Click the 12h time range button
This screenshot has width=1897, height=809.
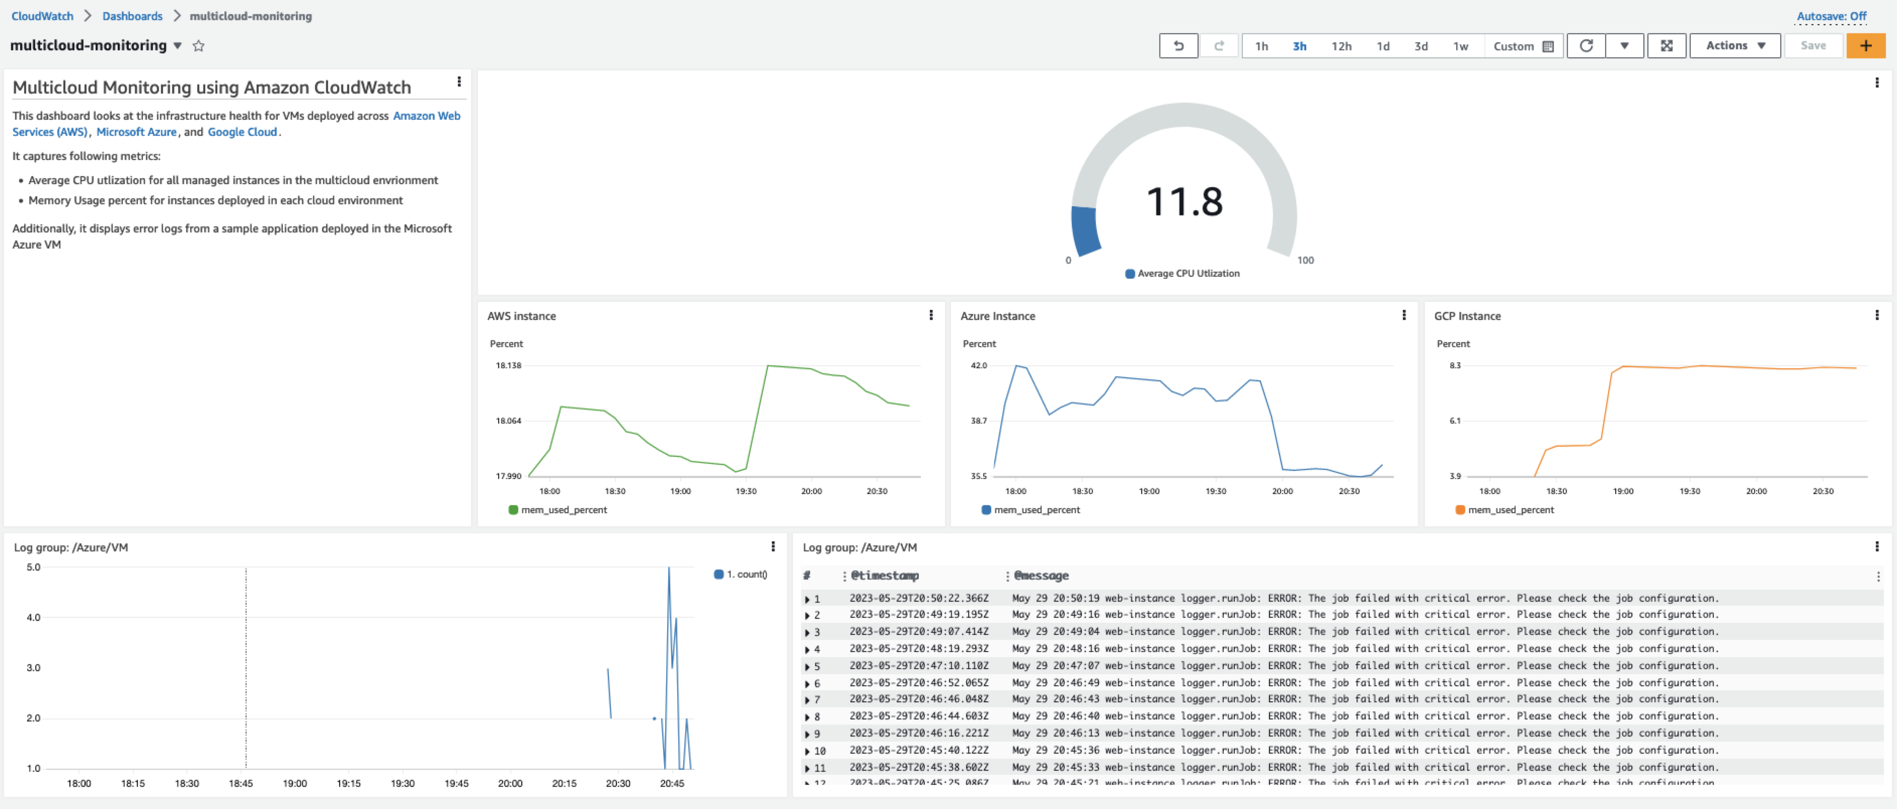pos(1341,46)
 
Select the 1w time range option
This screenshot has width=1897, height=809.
pos(1460,46)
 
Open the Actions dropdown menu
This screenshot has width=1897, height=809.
pos(1734,46)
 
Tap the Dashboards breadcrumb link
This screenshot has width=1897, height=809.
pos(132,16)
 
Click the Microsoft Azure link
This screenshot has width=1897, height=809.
pos(136,132)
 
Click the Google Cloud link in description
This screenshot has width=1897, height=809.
pos(242,132)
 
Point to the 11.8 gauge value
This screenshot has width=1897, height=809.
pos(1184,202)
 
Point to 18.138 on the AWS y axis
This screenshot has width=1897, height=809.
pos(508,365)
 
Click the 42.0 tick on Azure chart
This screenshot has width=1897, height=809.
pos(979,365)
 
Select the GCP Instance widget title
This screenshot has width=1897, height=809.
pos(1467,316)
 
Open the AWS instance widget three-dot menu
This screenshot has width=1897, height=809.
pos(931,315)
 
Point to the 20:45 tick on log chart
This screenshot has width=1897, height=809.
pos(672,783)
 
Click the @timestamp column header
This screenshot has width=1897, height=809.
pos(885,576)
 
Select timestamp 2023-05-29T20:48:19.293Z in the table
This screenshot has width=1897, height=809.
pos(918,649)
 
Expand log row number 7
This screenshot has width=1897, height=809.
pos(808,700)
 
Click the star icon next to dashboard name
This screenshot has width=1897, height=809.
pos(198,46)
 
